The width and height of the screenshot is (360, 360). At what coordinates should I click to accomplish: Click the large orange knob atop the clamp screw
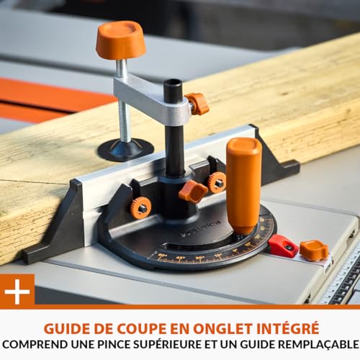[120, 39]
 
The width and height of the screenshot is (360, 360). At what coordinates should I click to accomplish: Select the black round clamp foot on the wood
[125, 149]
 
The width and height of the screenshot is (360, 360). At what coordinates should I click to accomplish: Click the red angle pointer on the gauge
[282, 246]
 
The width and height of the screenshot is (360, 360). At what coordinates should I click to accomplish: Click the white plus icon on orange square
[17, 291]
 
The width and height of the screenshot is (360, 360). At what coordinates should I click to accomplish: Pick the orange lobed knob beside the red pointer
[314, 250]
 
